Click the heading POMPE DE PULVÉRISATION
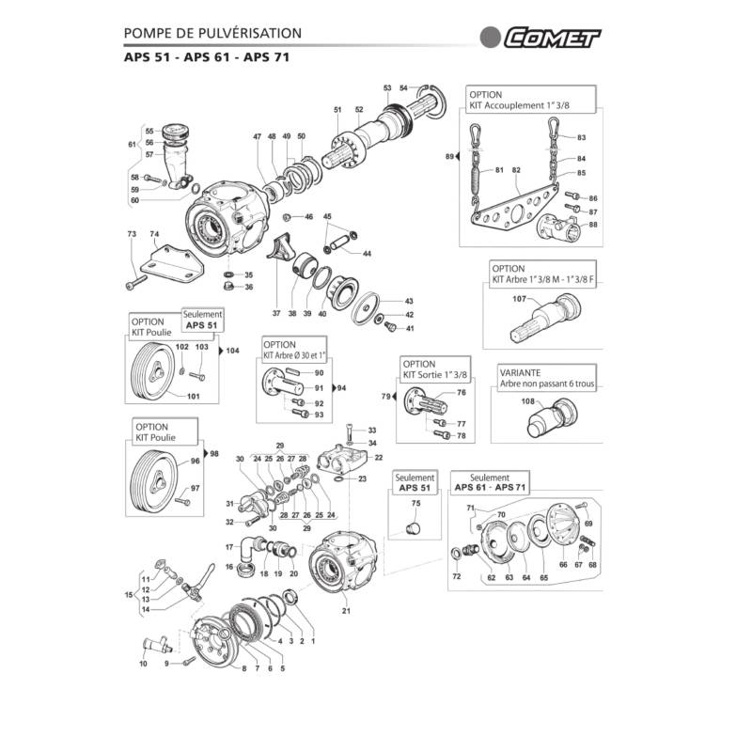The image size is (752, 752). (213, 33)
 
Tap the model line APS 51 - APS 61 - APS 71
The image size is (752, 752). (205, 57)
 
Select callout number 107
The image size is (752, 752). (519, 300)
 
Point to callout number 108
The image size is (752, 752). (526, 401)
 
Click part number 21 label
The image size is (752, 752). (346, 610)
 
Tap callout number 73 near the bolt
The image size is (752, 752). (131, 232)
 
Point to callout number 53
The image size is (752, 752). (387, 87)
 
